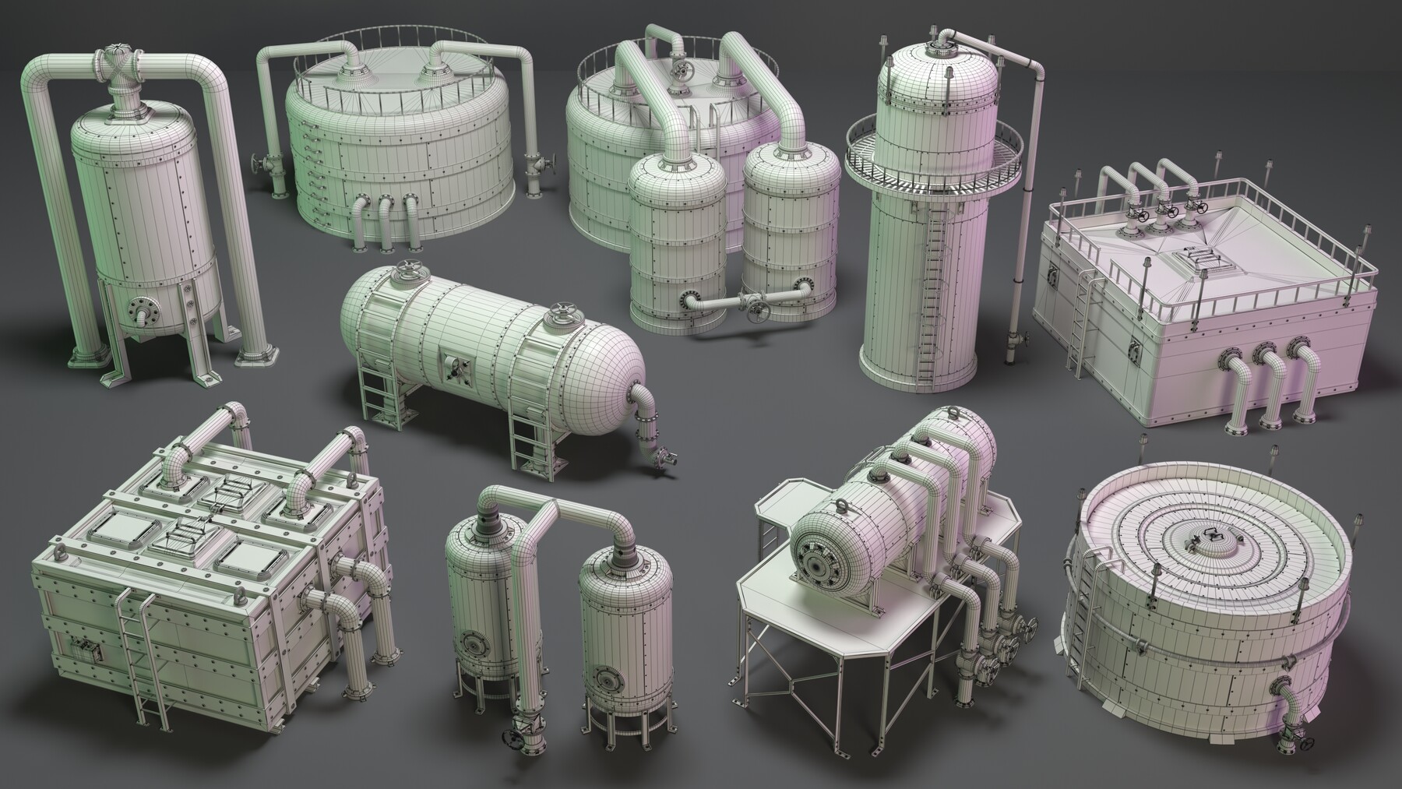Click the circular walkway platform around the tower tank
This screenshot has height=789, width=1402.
click(932, 160)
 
